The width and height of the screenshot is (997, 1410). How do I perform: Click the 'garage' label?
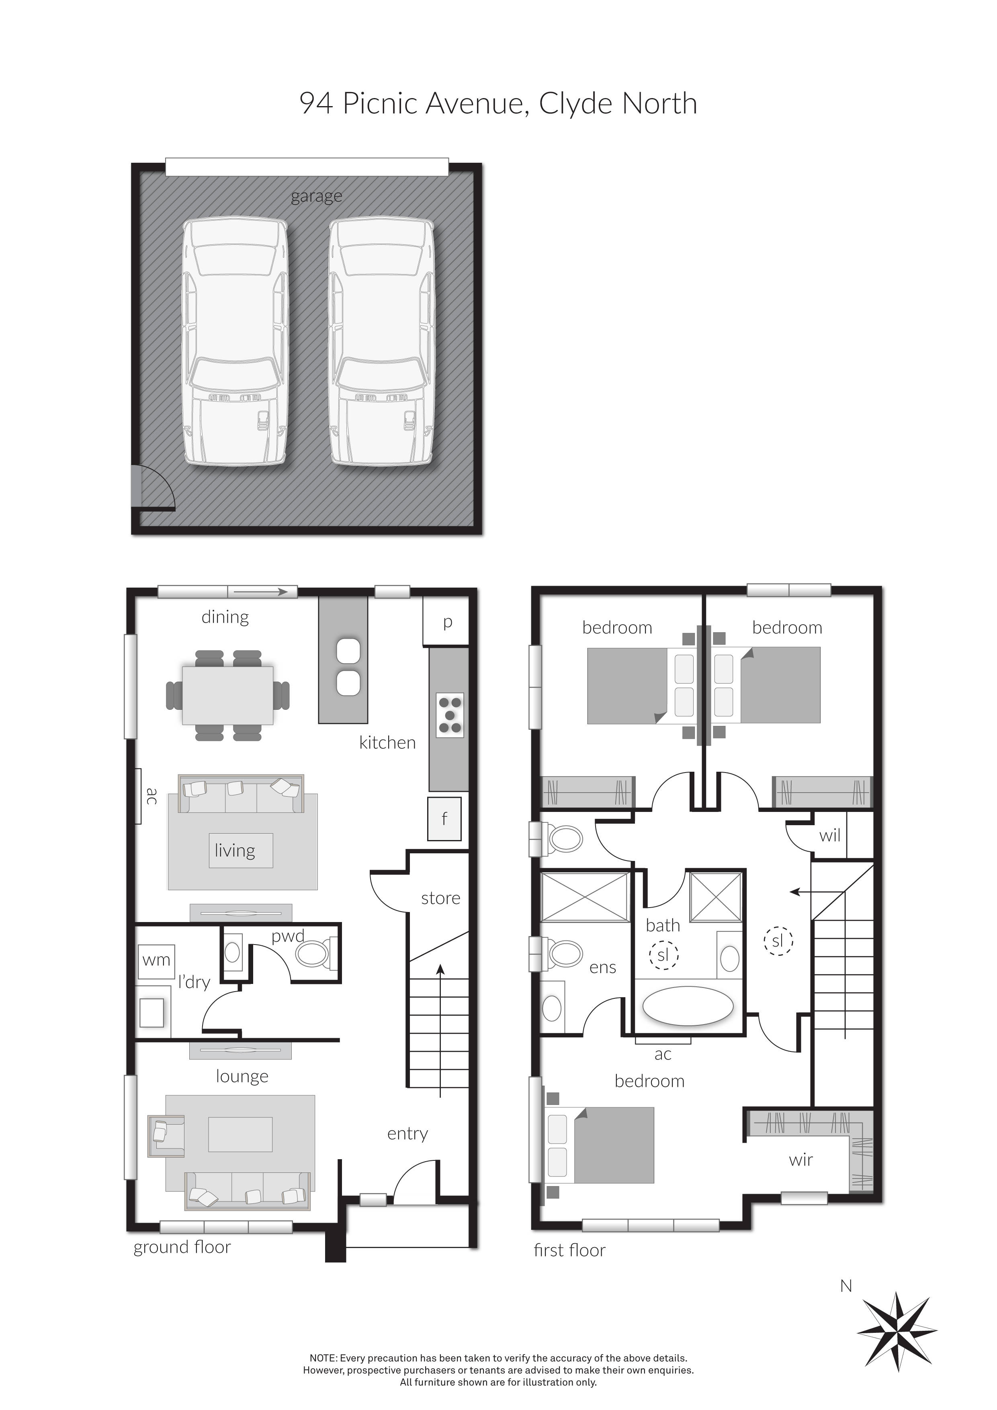[316, 197]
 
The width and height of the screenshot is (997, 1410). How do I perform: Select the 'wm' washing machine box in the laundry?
[157, 961]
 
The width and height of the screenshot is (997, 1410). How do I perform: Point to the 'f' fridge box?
[444, 819]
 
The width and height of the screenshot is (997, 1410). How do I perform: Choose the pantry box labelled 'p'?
[448, 623]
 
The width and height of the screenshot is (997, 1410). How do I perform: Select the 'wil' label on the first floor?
[829, 836]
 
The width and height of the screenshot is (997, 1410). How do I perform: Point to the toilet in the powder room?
[314, 954]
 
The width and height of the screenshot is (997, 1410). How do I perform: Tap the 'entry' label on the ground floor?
[407, 1133]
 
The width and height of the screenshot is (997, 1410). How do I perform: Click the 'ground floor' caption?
[182, 1247]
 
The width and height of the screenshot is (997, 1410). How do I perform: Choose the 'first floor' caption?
[570, 1250]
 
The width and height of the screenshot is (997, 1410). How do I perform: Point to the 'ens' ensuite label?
[602, 968]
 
